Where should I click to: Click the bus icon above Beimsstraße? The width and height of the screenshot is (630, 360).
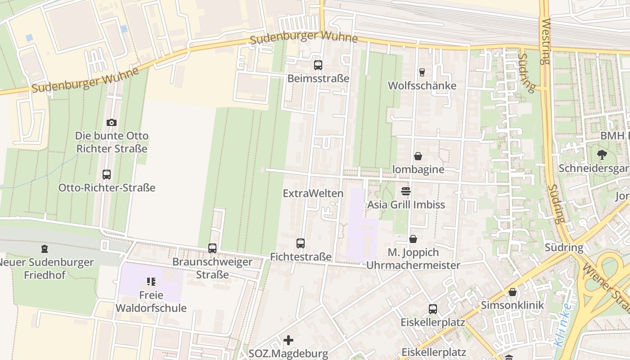coord(318,65)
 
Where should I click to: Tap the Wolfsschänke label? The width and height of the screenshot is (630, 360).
coord(422,85)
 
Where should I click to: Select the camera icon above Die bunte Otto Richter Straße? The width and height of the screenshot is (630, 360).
coord(111,122)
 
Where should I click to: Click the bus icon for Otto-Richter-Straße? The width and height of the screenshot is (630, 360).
coord(107,175)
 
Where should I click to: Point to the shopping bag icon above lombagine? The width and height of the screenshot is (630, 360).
coord(418,156)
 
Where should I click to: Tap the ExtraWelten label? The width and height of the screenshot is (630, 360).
coord(313,193)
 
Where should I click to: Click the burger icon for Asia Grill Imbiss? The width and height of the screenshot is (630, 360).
coord(406,191)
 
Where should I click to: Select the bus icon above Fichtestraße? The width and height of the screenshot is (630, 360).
coord(301,243)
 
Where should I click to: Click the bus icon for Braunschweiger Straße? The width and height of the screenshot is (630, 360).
coord(212,248)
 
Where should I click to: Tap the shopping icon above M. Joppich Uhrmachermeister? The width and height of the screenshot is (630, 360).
coord(413,239)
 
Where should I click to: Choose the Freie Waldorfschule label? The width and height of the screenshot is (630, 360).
coord(151,301)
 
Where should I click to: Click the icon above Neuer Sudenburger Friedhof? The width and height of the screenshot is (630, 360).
coord(44,248)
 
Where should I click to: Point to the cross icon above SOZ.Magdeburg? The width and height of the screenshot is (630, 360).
coord(288,340)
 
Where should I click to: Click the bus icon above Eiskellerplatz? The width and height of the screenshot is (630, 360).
coord(432,309)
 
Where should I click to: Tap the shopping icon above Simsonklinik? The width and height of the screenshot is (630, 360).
coord(512,292)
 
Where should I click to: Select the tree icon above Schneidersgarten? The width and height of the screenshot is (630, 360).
coord(602,155)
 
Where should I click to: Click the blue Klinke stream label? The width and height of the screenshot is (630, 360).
coord(563,325)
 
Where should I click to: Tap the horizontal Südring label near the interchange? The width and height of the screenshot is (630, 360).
coord(564,247)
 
